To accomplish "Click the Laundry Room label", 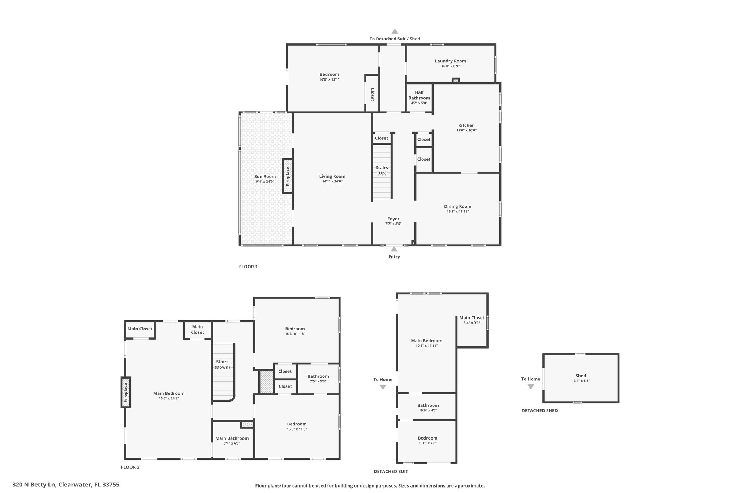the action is click(450, 61).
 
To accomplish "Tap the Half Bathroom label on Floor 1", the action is click(419, 95).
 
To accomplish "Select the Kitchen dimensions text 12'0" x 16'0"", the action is click(466, 130).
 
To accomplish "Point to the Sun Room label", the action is click(265, 177).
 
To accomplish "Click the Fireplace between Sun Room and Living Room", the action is click(288, 176).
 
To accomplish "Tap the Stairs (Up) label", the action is click(382, 170).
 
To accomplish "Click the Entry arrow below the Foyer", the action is click(394, 249).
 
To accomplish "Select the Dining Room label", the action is click(458, 207).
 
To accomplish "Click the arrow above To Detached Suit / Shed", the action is click(395, 31).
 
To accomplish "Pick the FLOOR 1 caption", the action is click(248, 267).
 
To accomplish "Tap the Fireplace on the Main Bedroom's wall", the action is click(126, 393).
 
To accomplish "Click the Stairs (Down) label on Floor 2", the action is click(222, 364).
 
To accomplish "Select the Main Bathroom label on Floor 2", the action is click(232, 438).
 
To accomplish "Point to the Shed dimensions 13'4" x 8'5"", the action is click(581, 381).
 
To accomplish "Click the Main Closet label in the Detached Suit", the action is click(472, 318).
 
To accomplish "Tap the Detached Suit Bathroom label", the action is click(428, 405).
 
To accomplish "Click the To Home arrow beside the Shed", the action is click(531, 386).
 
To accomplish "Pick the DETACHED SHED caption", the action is click(540, 411).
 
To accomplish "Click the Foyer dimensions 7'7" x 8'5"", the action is click(393, 224).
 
